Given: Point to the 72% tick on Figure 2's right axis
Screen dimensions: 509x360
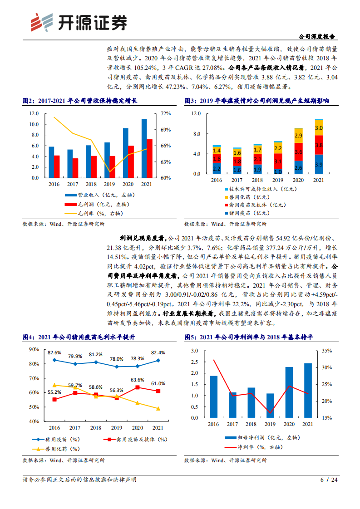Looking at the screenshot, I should coord(165,113).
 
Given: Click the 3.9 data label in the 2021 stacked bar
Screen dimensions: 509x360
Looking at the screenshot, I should coord(319,164).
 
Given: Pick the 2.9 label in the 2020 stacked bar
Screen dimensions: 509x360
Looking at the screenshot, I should coord(298,136).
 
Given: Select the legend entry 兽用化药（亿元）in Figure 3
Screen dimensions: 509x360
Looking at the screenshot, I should coord(252,197).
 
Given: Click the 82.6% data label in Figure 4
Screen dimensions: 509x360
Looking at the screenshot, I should coord(54,352).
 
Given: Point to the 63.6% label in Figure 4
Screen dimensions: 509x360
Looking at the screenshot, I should coord(138,380).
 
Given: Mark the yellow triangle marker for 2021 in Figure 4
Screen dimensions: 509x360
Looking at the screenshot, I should coord(158,409).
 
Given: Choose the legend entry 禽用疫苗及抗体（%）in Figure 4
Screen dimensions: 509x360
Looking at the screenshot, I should coord(136,439).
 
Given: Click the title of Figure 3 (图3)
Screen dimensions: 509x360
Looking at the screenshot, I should coord(256,100).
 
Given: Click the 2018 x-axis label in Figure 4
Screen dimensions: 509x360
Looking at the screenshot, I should coord(96,428).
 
